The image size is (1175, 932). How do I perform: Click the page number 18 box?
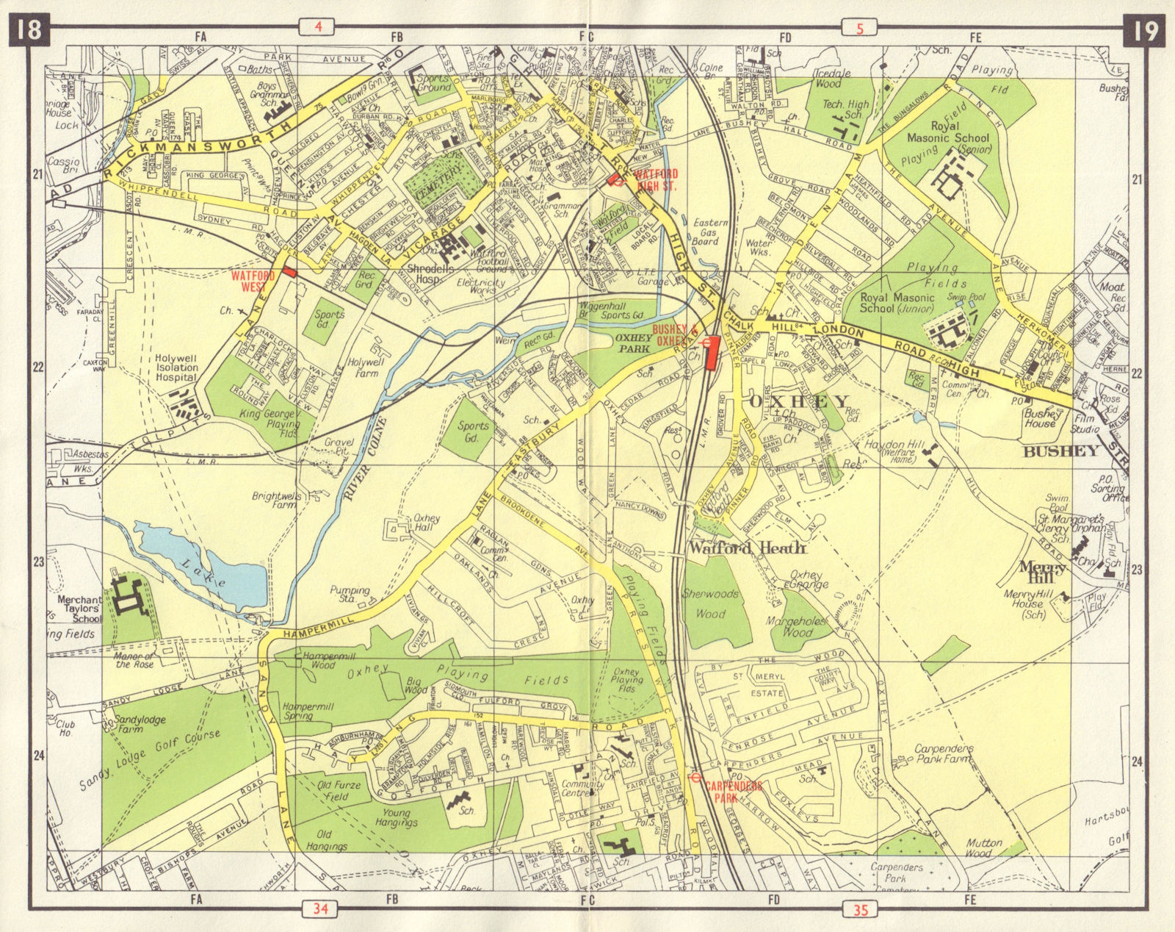tap(29, 31)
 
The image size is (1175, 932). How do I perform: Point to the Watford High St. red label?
tap(657, 179)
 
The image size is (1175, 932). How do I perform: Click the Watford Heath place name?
tap(746, 548)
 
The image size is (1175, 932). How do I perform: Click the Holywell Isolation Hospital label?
tap(166, 368)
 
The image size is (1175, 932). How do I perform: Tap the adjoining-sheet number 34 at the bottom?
tap(319, 909)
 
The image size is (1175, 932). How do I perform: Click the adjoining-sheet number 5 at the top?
tap(860, 29)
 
